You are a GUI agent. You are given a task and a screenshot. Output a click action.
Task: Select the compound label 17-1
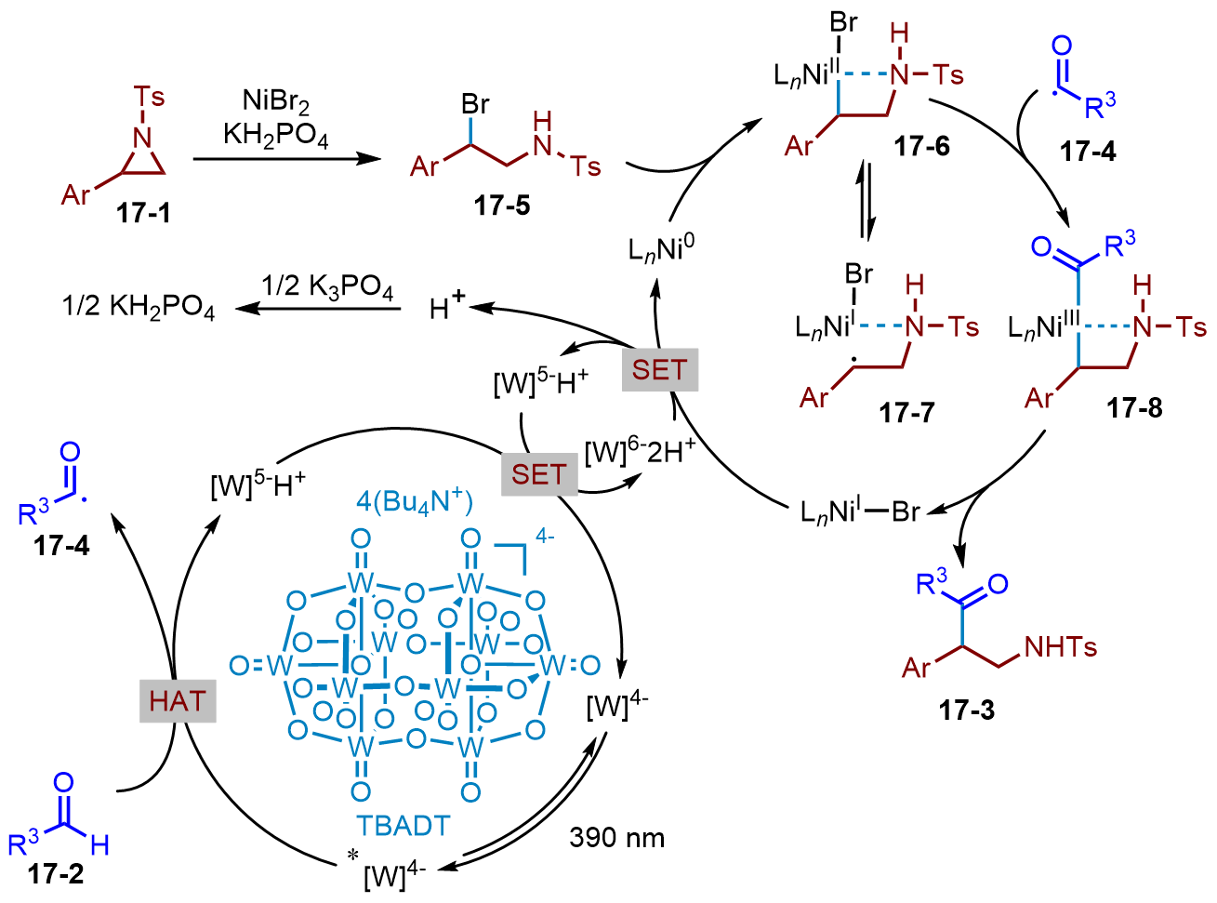[x=143, y=213]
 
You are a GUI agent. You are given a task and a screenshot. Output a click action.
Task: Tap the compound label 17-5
[x=502, y=205]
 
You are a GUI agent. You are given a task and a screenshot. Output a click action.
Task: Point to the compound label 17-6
[x=921, y=146]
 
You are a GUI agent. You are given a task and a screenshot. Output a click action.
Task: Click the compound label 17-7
[x=906, y=411]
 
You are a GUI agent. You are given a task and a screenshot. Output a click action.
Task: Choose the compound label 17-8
[x=1134, y=407]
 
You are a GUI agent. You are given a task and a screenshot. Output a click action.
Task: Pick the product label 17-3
[x=966, y=710]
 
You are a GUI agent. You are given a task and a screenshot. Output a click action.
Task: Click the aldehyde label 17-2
[x=56, y=874]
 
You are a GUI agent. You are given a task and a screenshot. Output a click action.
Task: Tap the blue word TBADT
[x=403, y=826]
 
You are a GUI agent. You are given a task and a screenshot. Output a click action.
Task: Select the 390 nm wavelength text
[x=616, y=838]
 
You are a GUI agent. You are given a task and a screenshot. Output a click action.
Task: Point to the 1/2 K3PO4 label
[x=327, y=286]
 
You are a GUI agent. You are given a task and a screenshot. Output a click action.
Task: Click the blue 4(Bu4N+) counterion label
[x=415, y=502]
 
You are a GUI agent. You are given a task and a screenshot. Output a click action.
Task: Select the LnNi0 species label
[x=661, y=249]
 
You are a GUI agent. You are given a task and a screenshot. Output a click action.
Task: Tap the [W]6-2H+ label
[x=640, y=452]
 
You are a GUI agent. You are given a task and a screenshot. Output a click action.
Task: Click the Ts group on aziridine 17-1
[x=149, y=97]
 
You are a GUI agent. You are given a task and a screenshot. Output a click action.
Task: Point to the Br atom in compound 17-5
[x=475, y=104]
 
